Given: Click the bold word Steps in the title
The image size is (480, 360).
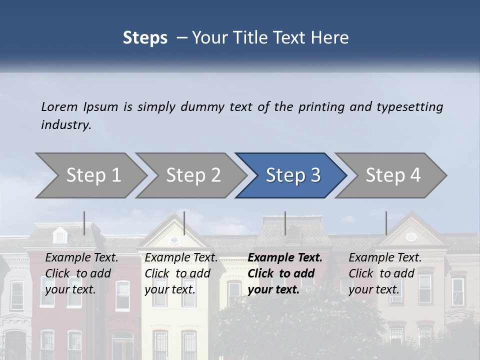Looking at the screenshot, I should pos(145,37).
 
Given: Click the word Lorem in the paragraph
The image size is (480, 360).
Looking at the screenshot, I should pos(59,106).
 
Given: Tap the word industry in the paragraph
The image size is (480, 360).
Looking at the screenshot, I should pos(66,124).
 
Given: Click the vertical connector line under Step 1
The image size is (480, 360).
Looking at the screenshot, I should pos(84,223).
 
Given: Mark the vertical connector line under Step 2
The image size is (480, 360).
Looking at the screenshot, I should pos(184,223).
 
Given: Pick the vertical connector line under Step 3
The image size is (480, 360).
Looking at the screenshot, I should pos(285,223).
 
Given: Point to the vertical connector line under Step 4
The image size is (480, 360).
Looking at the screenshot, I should pos(386,223).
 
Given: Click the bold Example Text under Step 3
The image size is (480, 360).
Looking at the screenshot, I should pos(285,258).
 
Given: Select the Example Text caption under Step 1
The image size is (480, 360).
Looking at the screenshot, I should pos(81,258).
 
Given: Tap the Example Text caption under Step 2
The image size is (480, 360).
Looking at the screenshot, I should pos(181,258).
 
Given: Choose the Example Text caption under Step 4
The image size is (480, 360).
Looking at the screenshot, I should pos(385,258).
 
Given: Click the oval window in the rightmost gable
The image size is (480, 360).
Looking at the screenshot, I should pos(411,236).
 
